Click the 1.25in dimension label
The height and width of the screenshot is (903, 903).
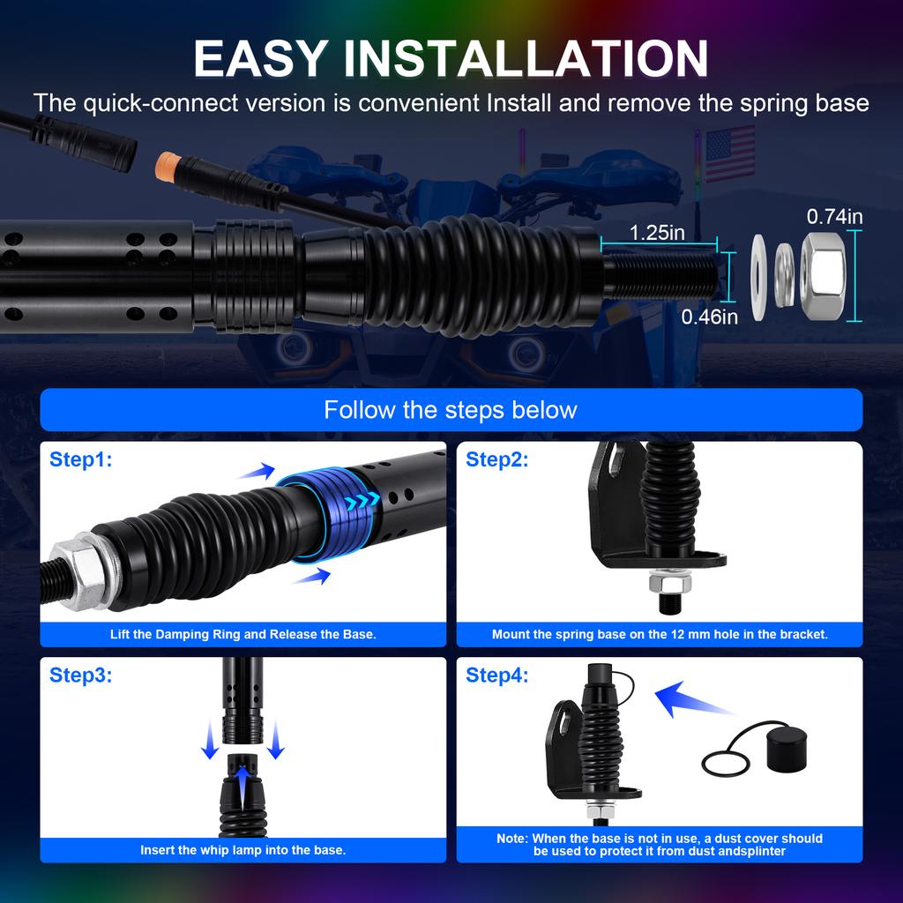point(656,233)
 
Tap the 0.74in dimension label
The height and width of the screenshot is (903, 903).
point(834,217)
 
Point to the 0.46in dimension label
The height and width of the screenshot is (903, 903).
point(709,317)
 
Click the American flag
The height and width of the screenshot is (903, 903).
point(730,153)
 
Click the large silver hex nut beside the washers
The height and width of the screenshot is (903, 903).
point(824,277)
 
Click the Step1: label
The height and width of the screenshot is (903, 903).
point(80,459)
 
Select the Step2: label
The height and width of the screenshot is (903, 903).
point(496,459)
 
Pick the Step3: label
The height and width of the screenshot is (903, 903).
point(80,675)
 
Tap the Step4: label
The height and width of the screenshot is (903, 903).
point(496,675)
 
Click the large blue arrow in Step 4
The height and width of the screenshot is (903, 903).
point(691,698)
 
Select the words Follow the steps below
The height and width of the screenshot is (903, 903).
point(451,410)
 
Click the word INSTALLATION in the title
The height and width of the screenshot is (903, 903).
point(526,59)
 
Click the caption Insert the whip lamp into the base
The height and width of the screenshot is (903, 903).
point(243,850)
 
